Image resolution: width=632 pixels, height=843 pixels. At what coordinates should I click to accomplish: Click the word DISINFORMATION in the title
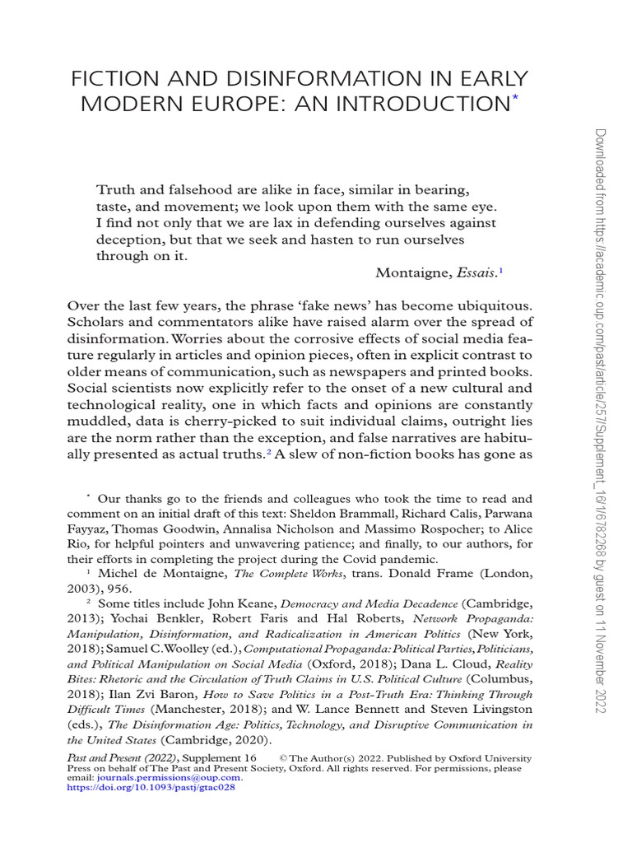[x=288, y=80]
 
